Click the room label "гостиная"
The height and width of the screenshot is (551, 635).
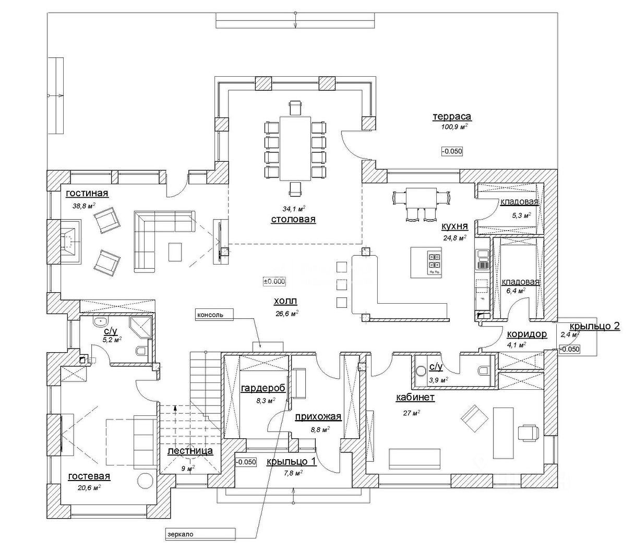pos(87,194)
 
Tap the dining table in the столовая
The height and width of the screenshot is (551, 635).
pos(295,148)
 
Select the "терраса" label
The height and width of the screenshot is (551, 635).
pos(452,117)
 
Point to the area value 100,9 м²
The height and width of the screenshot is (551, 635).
pos(454,127)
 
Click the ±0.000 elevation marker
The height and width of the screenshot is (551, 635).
pos(274,281)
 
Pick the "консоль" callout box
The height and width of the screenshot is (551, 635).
pos(214,315)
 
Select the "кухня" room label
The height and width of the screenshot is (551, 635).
pos(454,226)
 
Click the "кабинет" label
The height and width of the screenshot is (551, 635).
pos(415,398)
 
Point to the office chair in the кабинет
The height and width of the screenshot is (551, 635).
pos(528,433)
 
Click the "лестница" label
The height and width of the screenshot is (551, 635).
pos(190,451)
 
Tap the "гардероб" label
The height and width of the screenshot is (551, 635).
pos(263,389)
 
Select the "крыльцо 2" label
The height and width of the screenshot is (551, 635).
pos(595,326)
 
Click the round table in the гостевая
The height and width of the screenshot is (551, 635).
pos(145,481)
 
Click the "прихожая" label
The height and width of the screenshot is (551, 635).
pos(318,417)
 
